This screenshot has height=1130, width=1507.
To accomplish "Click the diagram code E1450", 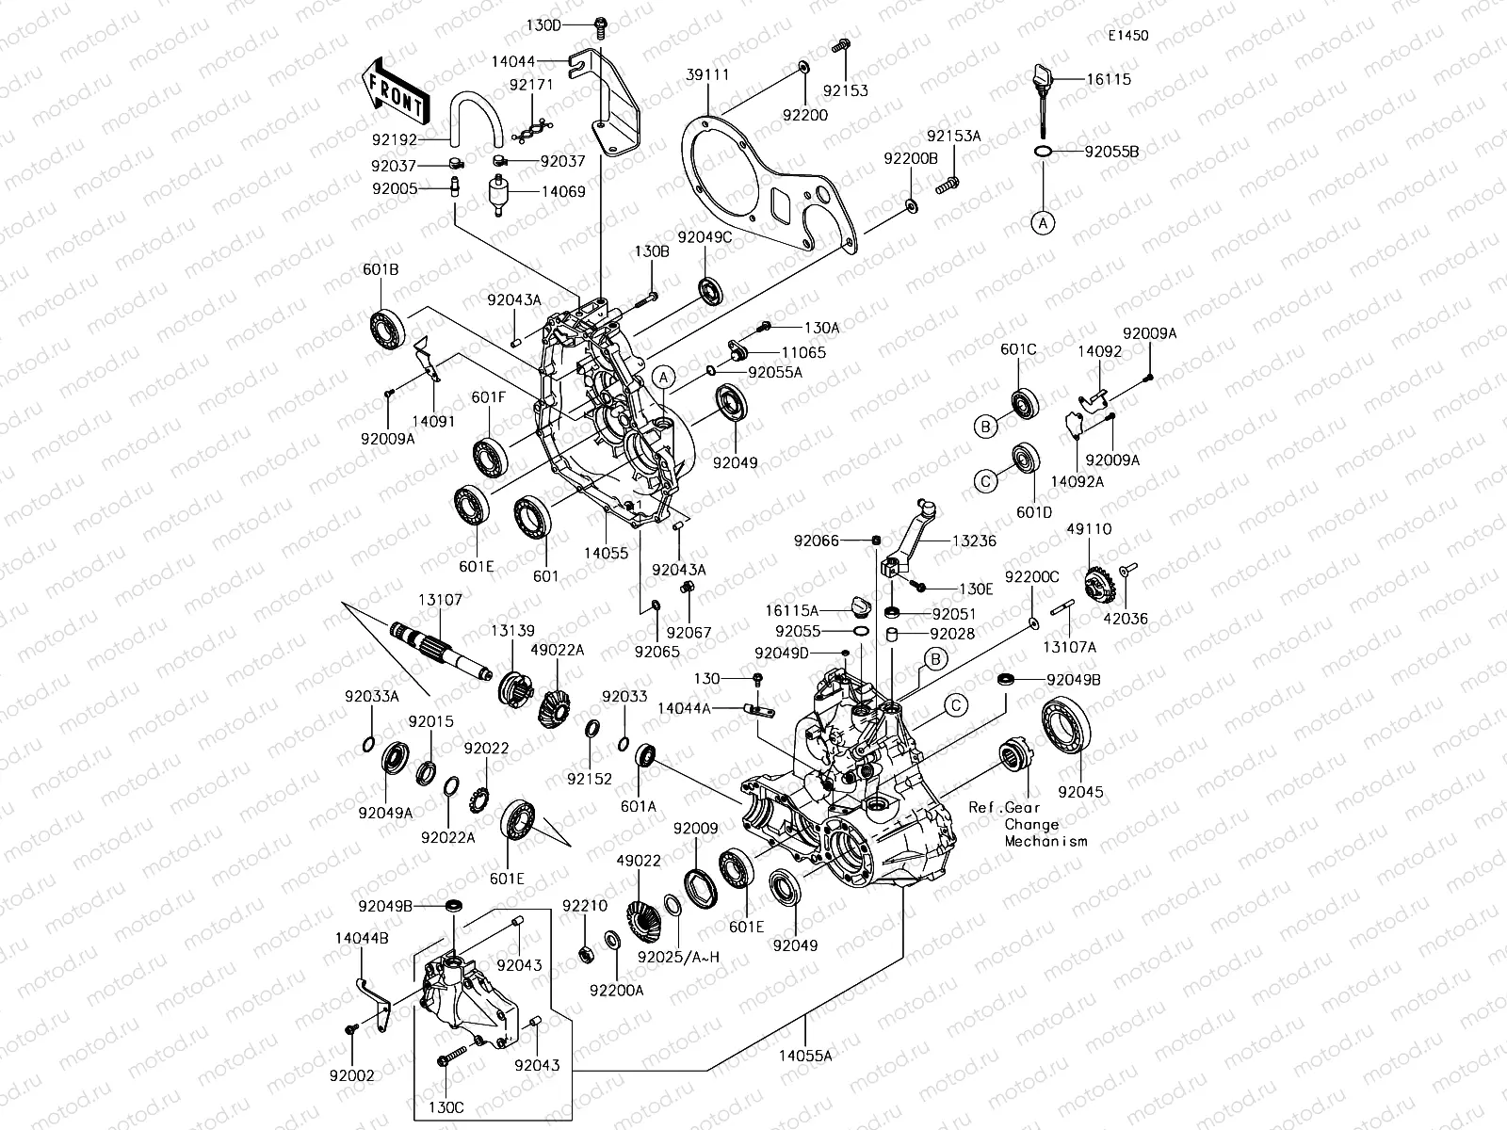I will coord(1127,36).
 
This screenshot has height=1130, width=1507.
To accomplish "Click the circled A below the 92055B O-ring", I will coord(1042,223).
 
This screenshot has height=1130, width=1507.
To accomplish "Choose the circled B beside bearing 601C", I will coord(984,427).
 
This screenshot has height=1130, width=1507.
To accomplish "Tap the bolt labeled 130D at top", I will coord(599,25).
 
